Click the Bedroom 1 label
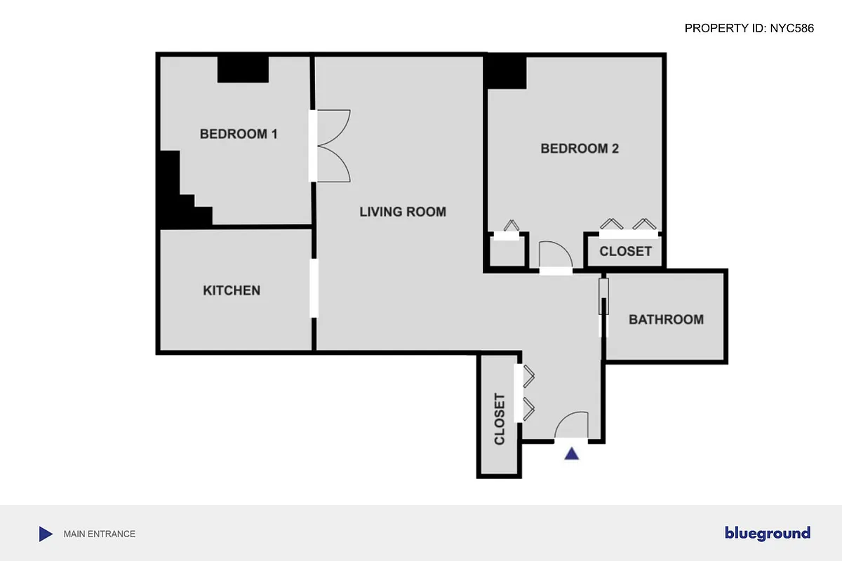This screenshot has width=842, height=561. point(239,134)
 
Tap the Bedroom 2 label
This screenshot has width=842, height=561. point(579,149)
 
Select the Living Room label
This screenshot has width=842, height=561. point(403,211)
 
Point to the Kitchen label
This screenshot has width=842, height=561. point(232,290)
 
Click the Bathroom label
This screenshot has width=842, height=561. point(666,320)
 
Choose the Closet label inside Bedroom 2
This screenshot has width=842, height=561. point(625,251)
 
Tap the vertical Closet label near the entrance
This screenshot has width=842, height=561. point(500,419)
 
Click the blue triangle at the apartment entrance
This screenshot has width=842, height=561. point(572,454)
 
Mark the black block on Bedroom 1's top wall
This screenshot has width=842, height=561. point(243,69)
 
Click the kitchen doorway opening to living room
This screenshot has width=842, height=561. point(314,288)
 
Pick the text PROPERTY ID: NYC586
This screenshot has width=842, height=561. point(749,29)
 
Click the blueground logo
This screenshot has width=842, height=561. point(768,534)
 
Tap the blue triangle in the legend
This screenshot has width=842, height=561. point(46,534)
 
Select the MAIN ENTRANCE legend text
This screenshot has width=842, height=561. point(100,534)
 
